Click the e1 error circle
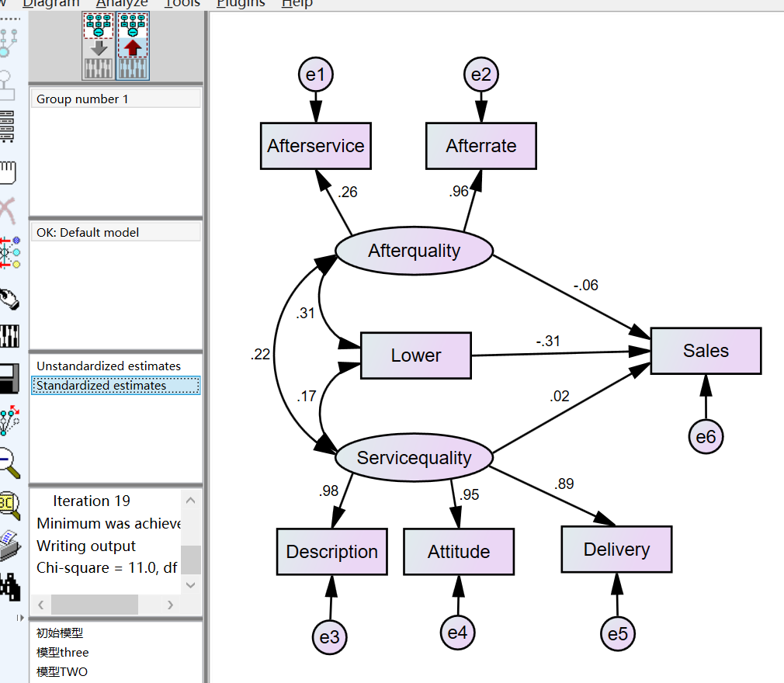pyautogui.click(x=315, y=75)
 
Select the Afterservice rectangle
pyautogui.click(x=315, y=146)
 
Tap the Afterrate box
pyautogui.click(x=481, y=146)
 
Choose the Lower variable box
pyautogui.click(x=415, y=355)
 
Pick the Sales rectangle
pyautogui.click(x=706, y=351)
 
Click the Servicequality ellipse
pyautogui.click(x=414, y=458)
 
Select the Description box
pyautogui.click(x=331, y=552)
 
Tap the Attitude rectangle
pyautogui.click(x=458, y=552)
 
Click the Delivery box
pyautogui.click(x=616, y=550)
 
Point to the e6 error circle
pyautogui.click(x=706, y=437)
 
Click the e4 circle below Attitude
pyautogui.click(x=457, y=632)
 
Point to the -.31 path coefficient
pyautogui.click(x=548, y=341)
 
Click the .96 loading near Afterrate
pyautogui.click(x=459, y=191)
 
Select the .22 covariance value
pyautogui.click(x=261, y=355)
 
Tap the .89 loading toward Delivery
pyautogui.click(x=564, y=484)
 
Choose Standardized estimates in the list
pyautogui.click(x=101, y=386)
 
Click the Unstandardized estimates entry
pyautogui.click(x=108, y=366)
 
